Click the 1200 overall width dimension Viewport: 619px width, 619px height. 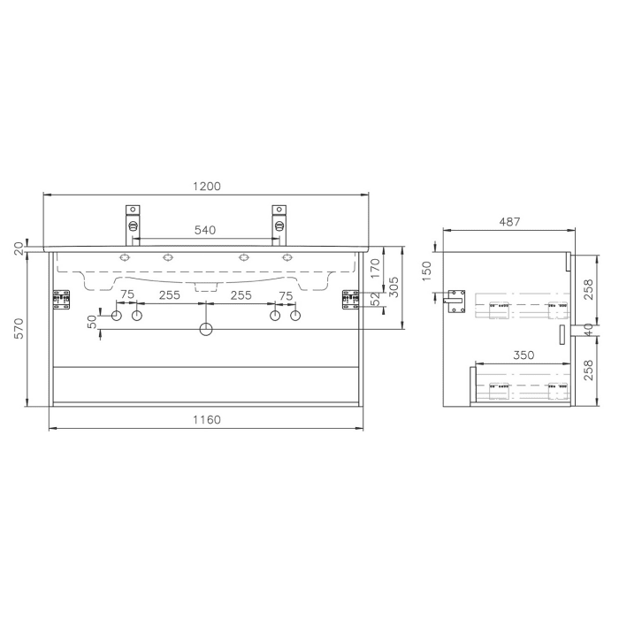click(x=205, y=187)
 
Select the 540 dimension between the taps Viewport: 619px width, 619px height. click(x=205, y=230)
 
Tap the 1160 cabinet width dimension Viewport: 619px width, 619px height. click(x=205, y=419)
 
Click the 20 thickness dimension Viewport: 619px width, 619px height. click(x=19, y=248)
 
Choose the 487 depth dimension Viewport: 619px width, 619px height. click(x=508, y=222)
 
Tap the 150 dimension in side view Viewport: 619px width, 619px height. click(x=427, y=270)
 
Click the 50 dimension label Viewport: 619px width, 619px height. click(x=91, y=322)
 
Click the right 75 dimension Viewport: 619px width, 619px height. click(x=285, y=295)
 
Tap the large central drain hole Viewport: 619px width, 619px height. click(x=205, y=330)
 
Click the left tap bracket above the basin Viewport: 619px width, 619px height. click(x=133, y=220)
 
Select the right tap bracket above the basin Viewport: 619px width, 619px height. click(x=279, y=220)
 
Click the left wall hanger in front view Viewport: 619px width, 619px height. click(x=61, y=300)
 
